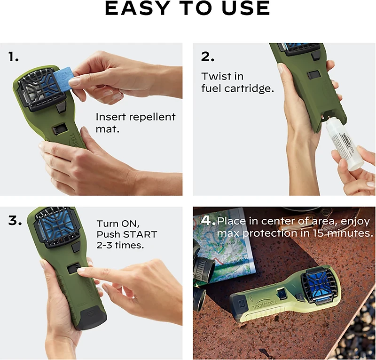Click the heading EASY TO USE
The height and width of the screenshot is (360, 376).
(x=188, y=8)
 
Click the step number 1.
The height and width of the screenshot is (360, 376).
(x=13, y=57)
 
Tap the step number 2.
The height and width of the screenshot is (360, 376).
(x=208, y=57)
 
